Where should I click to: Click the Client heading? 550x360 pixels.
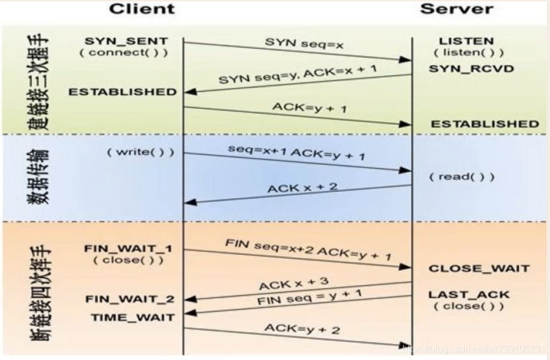[142, 9]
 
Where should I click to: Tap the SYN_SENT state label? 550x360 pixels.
[126, 41]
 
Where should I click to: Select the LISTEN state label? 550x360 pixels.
[466, 41]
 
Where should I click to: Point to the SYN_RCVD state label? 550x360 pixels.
[471, 68]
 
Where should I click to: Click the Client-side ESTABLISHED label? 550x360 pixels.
[122, 92]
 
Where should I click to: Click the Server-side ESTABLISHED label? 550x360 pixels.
[485, 124]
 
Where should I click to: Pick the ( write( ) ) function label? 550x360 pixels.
[141, 152]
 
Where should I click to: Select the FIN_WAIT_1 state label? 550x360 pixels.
[128, 249]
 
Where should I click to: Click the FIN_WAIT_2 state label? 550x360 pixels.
[129, 299]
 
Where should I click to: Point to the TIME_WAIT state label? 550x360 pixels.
[132, 317]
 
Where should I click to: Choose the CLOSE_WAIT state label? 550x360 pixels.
[479, 268]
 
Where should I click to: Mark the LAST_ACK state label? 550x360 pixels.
[469, 294]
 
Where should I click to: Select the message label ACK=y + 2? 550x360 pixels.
[302, 328]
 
